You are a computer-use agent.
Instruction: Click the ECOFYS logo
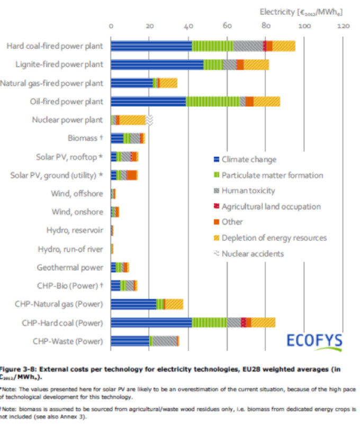pyautogui.click(x=314, y=340)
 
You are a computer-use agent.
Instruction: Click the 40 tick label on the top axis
pyautogui.click(x=188, y=25)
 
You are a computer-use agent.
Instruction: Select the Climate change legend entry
pyautogui.click(x=249, y=159)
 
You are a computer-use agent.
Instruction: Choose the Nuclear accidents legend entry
pyautogui.click(x=253, y=253)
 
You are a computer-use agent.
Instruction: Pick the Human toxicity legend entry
pyautogui.click(x=248, y=191)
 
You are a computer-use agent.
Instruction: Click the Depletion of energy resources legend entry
pyautogui.click(x=274, y=238)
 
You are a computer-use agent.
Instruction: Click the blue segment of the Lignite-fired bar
pyautogui.click(x=157, y=65)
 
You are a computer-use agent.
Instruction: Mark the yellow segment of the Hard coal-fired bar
pyautogui.click(x=284, y=46)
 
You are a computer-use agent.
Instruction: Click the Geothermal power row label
pyautogui.click(x=71, y=267)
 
